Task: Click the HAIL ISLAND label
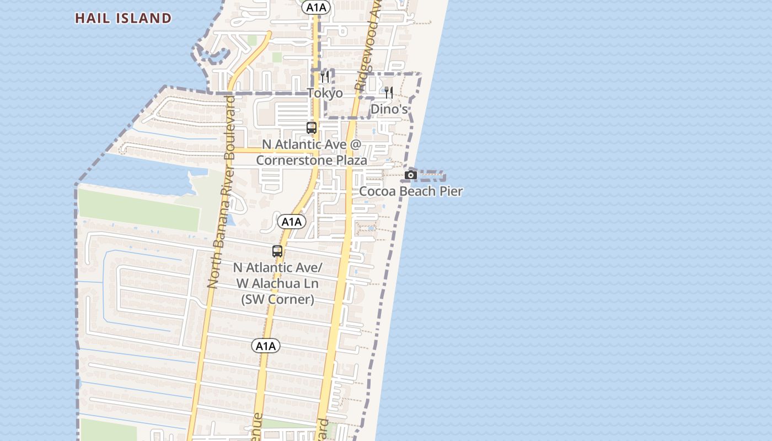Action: click(123, 18)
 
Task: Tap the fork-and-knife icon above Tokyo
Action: click(325, 77)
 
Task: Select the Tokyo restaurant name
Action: click(325, 93)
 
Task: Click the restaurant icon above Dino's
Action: click(389, 93)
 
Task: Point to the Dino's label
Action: click(389, 109)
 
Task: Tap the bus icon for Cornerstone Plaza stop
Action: click(312, 128)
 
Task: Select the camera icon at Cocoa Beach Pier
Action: click(411, 175)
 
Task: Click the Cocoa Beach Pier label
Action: click(411, 191)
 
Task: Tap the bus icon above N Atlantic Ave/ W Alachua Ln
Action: click(277, 251)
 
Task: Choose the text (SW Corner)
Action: click(277, 299)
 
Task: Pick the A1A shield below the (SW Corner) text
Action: click(266, 346)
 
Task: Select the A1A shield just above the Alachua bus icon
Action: click(291, 222)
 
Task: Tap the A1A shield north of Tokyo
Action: click(316, 7)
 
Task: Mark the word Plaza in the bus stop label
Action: click(347, 160)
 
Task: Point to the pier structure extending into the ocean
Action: click(433, 176)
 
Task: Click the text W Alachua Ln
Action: click(277, 283)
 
